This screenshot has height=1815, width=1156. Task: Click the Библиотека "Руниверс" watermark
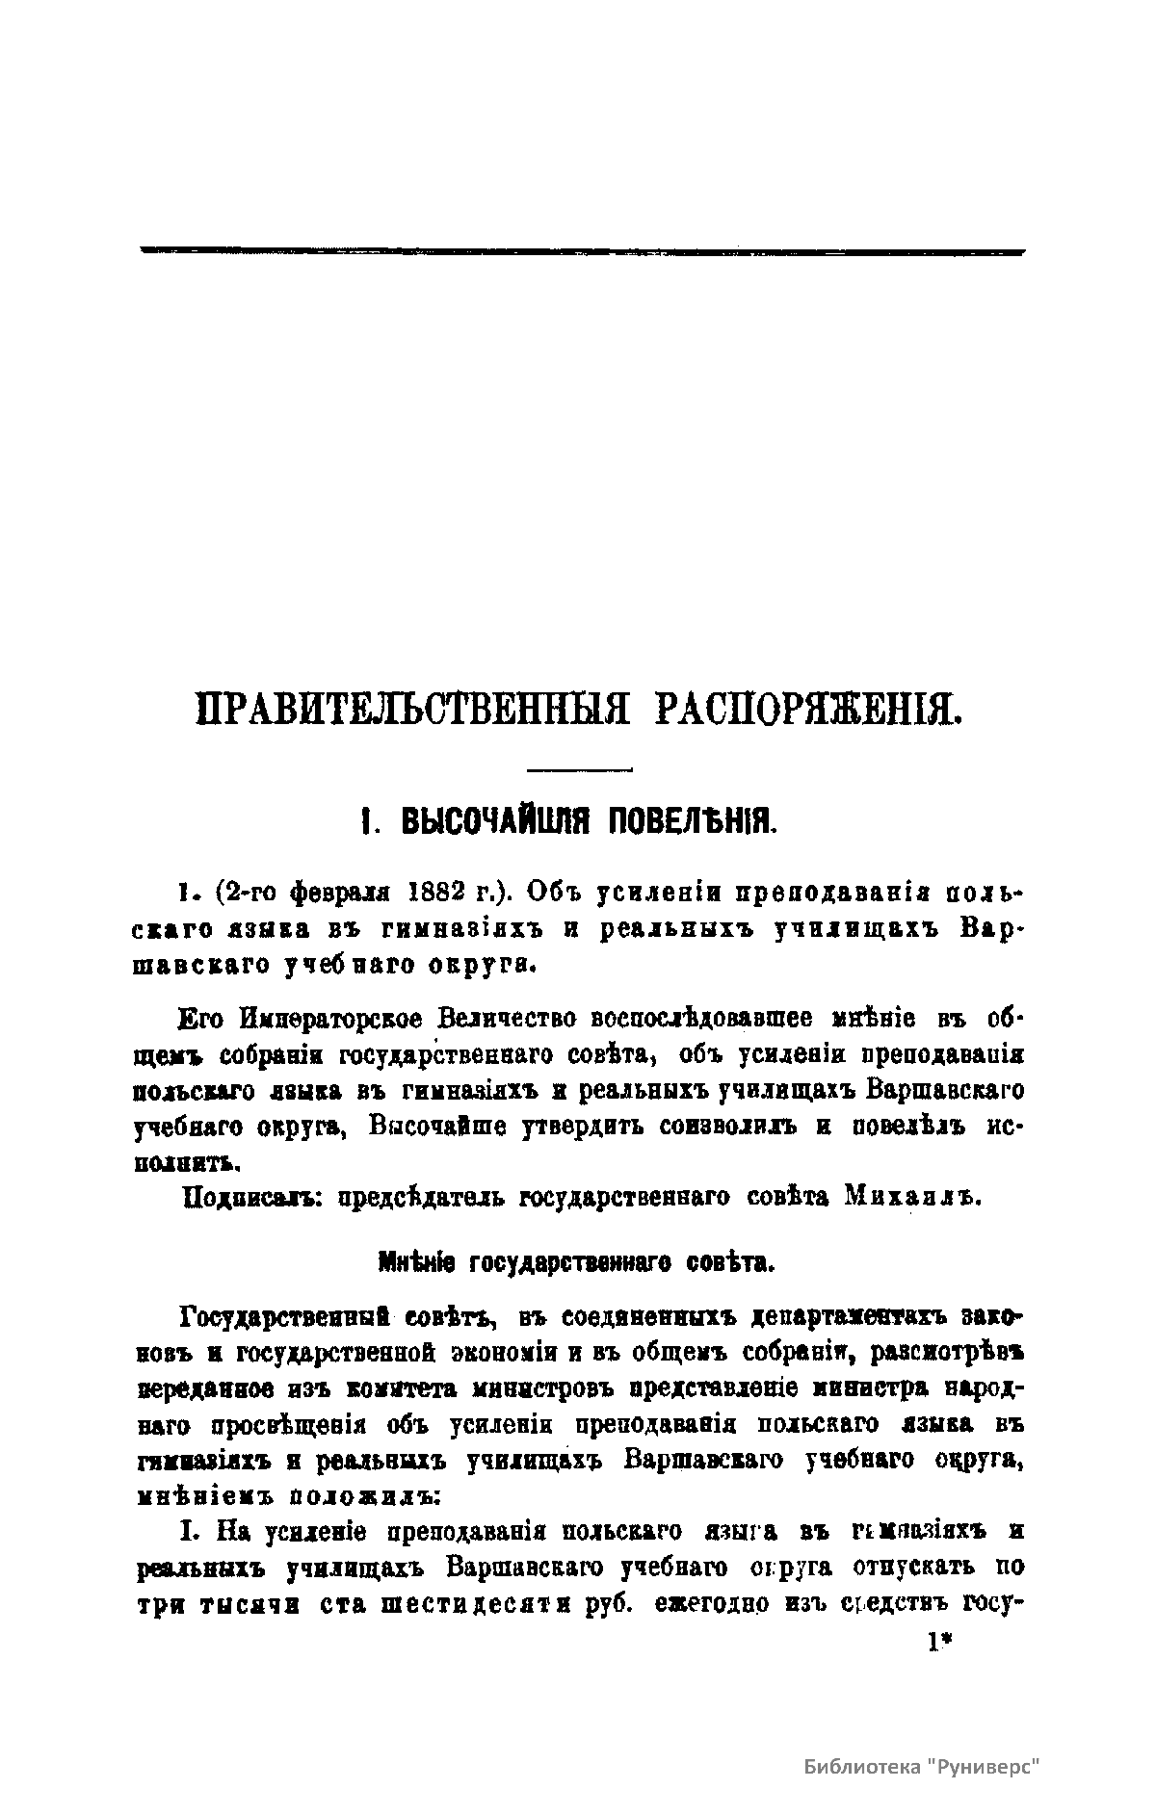(x=922, y=1768)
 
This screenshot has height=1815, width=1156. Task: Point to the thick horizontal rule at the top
(x=582, y=251)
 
